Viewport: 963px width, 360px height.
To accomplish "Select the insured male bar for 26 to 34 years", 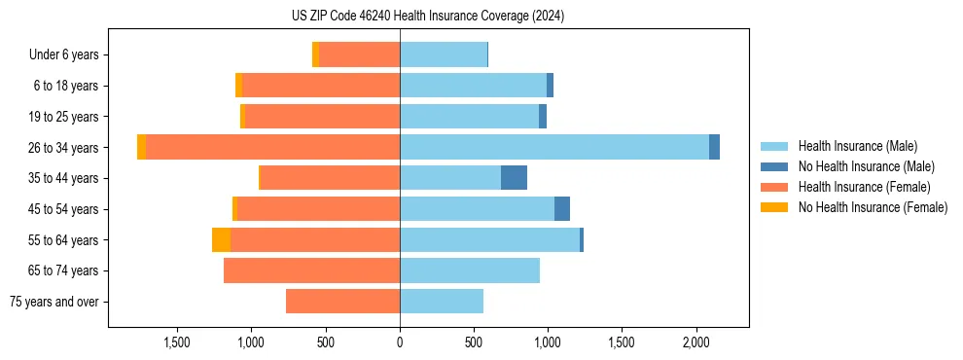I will [x=554, y=147].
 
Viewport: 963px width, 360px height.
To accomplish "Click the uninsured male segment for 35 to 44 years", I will [x=514, y=178].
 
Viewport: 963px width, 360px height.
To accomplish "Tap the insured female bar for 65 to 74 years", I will [x=311, y=270].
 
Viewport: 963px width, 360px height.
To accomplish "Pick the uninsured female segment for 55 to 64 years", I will [x=221, y=239].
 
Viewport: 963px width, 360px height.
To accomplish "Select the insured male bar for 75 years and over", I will [x=442, y=302].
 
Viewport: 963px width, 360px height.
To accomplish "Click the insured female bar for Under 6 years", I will [x=359, y=54].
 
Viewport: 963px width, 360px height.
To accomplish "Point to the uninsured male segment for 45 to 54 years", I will [x=562, y=209].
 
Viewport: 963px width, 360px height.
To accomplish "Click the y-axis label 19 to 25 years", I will [x=65, y=117].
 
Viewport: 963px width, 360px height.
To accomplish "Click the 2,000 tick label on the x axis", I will [x=695, y=342].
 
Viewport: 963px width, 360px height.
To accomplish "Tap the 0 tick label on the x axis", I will [x=400, y=342].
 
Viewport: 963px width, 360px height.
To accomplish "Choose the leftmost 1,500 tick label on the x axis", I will [x=177, y=342].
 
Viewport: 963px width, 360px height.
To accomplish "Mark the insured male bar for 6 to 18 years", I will [x=473, y=86].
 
